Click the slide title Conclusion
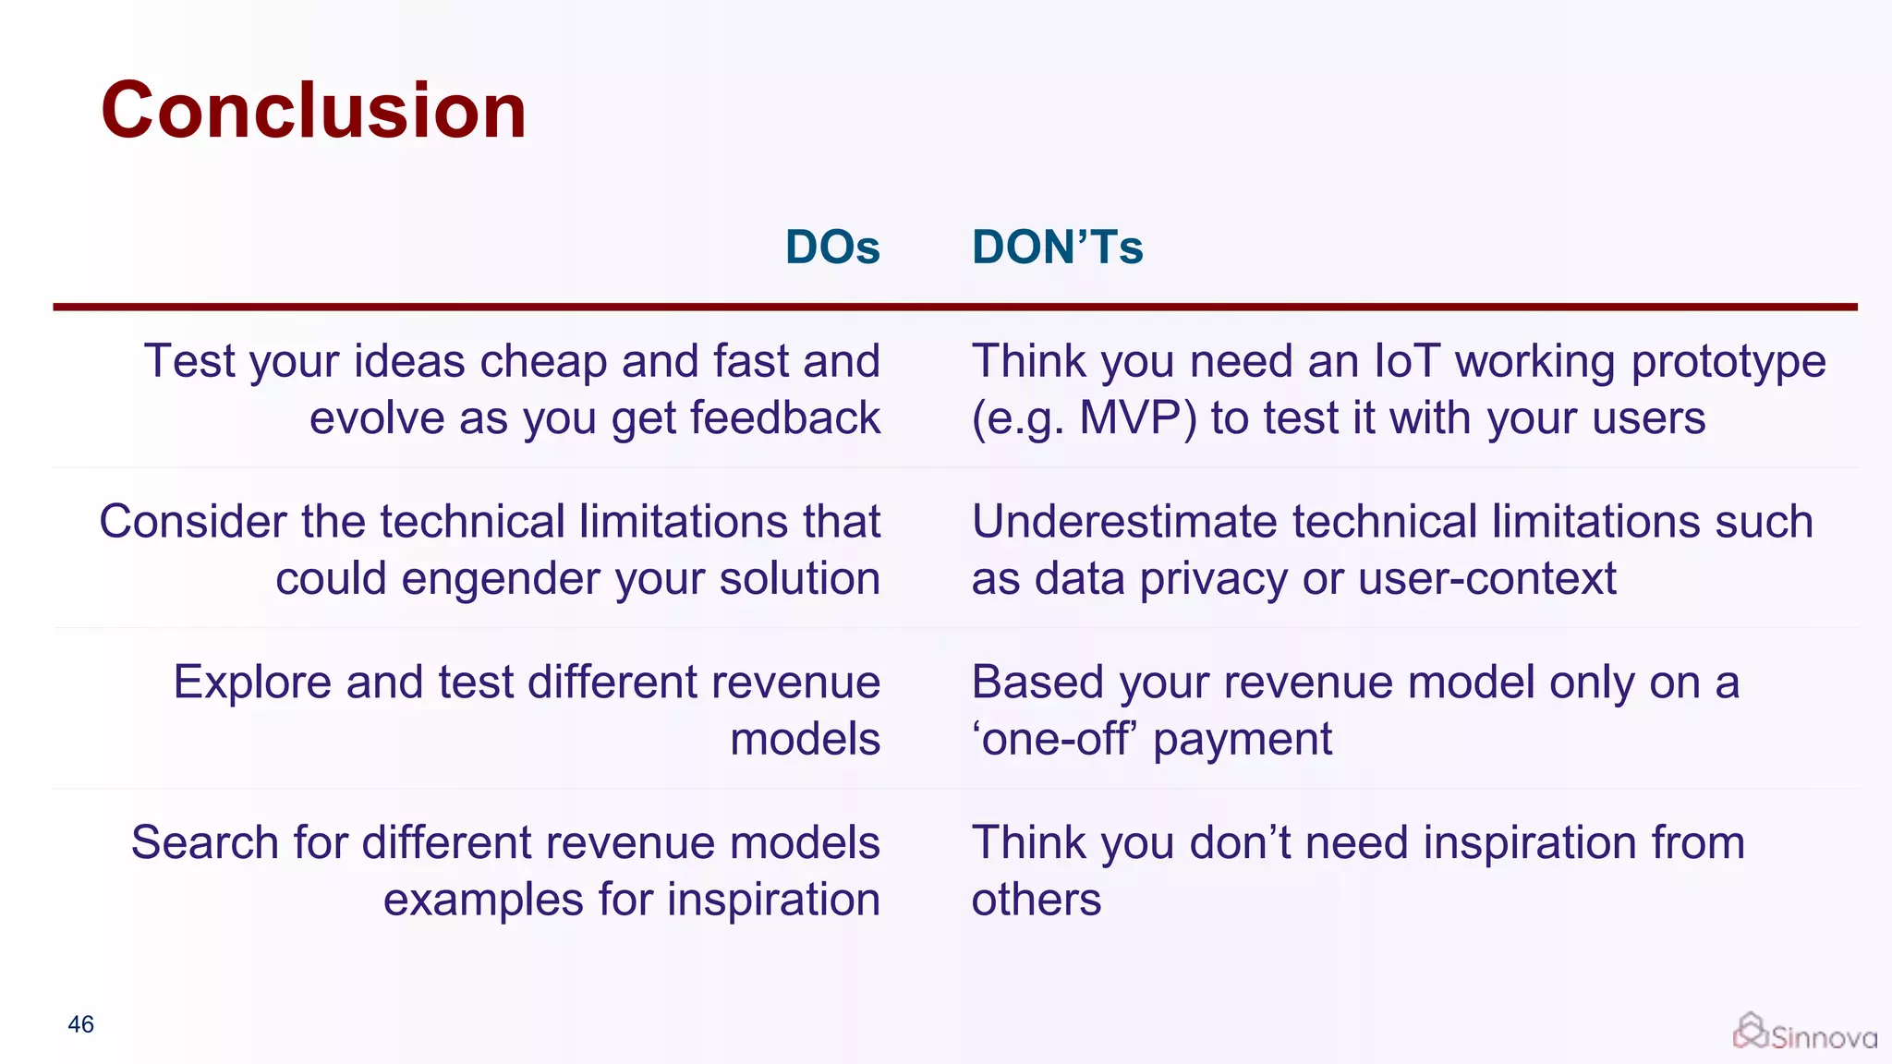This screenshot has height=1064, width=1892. click(x=313, y=111)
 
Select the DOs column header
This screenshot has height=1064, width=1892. click(x=832, y=248)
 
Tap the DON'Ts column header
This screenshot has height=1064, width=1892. click(x=1057, y=248)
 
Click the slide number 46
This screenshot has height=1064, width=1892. click(x=81, y=1024)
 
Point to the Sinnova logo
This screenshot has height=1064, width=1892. click(x=1804, y=1034)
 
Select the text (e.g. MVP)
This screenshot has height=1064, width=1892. click(x=1084, y=418)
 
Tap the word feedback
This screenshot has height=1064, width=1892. click(x=784, y=418)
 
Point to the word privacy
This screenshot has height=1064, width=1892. click(x=1213, y=580)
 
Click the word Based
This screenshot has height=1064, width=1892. click(x=1037, y=683)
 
